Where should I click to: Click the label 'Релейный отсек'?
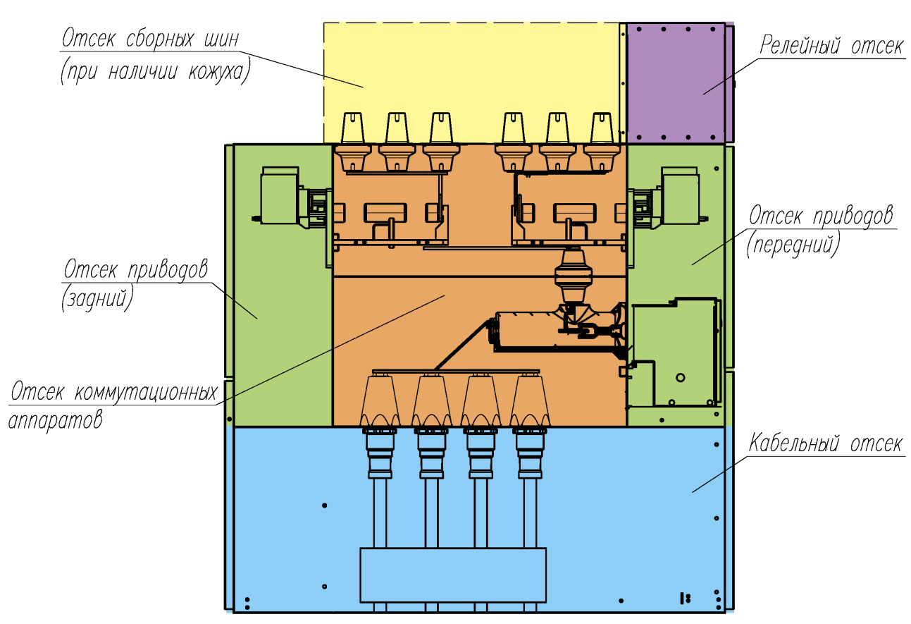(x=831, y=45)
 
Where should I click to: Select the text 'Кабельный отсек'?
(x=826, y=443)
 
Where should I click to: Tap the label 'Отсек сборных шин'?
(x=150, y=39)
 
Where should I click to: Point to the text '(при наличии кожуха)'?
(x=155, y=72)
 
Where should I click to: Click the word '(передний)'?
(x=793, y=244)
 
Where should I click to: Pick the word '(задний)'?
(x=97, y=298)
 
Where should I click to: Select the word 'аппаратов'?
(x=56, y=420)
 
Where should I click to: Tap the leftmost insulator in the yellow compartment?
(x=352, y=128)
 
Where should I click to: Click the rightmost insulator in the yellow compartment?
(x=602, y=128)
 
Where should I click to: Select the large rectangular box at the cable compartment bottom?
(x=453, y=575)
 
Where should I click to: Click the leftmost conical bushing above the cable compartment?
(x=380, y=400)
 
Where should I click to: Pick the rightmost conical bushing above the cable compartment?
(x=530, y=400)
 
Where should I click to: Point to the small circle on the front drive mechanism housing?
(x=681, y=377)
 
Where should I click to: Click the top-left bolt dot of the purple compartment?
(x=639, y=30)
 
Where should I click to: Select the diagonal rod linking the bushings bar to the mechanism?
(x=461, y=345)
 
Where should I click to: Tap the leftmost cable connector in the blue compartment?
(x=380, y=453)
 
